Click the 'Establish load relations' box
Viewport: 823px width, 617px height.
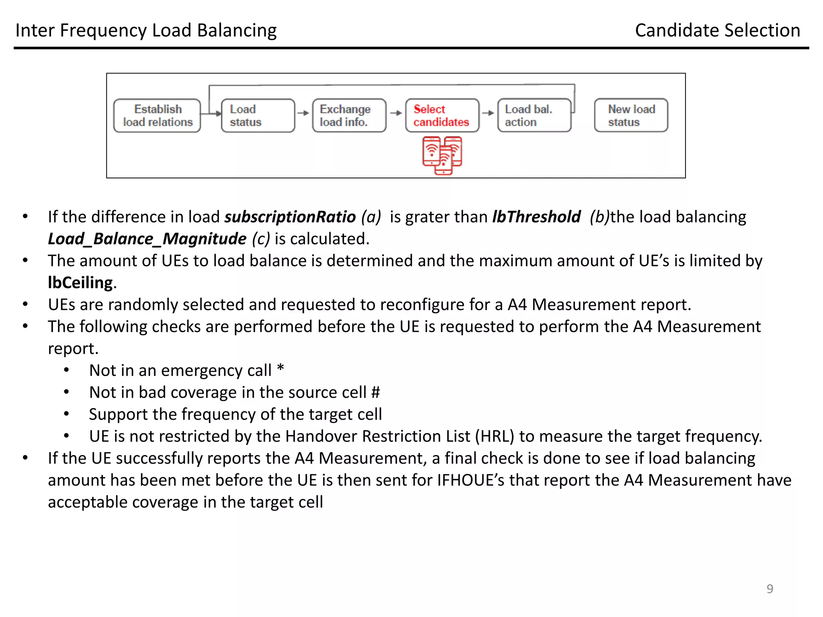(x=157, y=115)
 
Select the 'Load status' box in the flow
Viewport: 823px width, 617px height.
(x=258, y=115)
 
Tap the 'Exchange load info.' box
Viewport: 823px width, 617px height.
(x=349, y=115)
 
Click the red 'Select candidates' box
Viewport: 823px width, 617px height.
(x=442, y=115)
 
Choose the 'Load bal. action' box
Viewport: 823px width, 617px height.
(x=534, y=115)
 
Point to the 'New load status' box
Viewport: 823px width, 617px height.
(x=631, y=115)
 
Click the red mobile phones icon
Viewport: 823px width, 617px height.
(x=442, y=155)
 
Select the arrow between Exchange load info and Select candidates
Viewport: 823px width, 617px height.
(x=396, y=113)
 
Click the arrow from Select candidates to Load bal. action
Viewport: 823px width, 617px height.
(x=488, y=113)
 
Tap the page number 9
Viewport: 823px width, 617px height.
(x=770, y=588)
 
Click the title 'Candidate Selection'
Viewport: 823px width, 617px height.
(x=717, y=31)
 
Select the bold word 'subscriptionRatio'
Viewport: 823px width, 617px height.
(x=290, y=217)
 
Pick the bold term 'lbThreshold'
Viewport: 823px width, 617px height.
(x=536, y=217)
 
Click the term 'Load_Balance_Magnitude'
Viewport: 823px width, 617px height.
(x=147, y=239)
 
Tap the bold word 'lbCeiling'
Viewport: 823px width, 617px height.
(x=80, y=283)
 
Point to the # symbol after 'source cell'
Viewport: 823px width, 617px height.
(x=375, y=392)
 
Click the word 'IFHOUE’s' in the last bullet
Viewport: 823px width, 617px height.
(x=470, y=480)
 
